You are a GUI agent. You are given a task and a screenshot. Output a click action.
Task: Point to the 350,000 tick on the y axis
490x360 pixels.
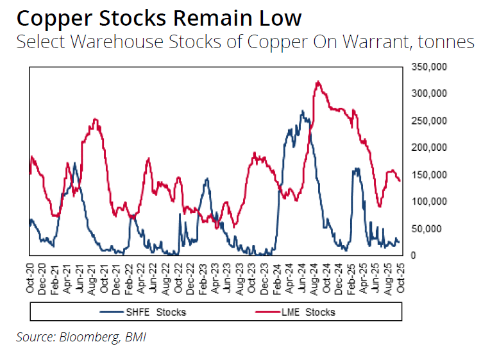428,67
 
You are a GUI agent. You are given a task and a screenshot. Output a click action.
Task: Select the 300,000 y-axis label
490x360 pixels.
428,94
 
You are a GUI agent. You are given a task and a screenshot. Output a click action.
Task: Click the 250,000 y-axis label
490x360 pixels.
428,121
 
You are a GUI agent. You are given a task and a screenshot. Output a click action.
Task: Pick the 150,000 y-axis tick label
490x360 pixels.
428,175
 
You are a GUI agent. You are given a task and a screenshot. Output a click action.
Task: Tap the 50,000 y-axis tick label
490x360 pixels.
425,228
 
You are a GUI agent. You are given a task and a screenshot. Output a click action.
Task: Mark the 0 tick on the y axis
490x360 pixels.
414,255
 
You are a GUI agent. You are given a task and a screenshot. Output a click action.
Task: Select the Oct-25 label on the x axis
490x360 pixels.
401,277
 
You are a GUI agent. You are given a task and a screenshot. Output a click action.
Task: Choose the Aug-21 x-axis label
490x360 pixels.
92,277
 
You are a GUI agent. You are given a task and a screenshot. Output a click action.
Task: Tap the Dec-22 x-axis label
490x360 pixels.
191,277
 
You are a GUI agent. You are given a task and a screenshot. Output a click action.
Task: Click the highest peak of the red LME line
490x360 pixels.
318,81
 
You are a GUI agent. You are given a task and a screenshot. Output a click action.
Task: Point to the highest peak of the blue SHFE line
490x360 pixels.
302,111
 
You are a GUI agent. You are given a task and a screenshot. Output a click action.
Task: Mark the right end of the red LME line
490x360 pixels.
400,181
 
